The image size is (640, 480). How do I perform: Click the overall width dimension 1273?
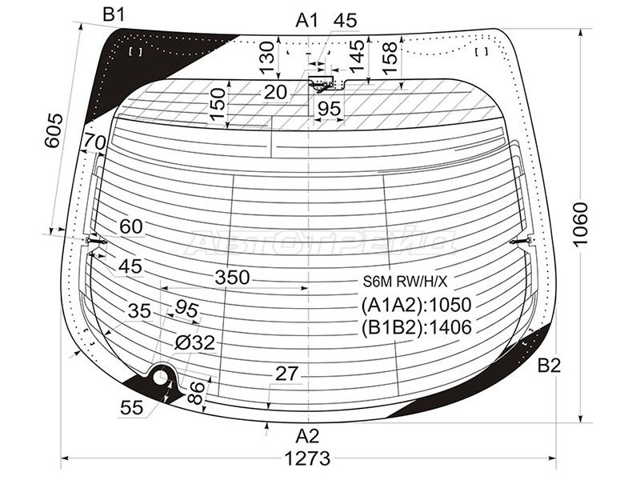point(306,458)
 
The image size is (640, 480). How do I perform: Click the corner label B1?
point(114,14)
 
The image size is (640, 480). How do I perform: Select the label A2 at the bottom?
point(307,436)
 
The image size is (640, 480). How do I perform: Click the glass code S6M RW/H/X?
point(406,282)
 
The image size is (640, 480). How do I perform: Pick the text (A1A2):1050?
point(416,304)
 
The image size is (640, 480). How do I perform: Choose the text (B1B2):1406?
point(416,326)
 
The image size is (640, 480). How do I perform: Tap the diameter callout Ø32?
point(194,342)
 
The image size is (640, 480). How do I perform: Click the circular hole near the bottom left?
point(162,376)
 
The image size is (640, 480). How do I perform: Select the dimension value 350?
point(232,278)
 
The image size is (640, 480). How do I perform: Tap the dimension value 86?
point(196,391)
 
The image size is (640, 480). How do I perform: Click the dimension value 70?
point(94,142)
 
